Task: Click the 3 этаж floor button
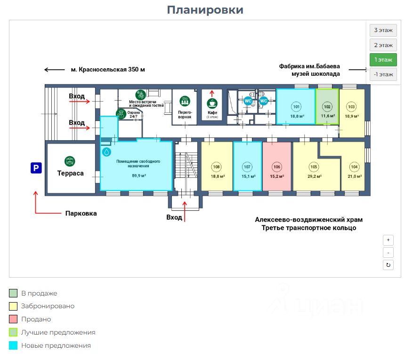click(x=383, y=31)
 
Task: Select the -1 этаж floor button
click(x=383, y=74)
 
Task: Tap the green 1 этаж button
click(x=383, y=60)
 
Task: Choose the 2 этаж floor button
click(x=383, y=45)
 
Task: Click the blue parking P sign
click(x=36, y=168)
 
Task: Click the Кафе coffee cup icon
click(x=212, y=103)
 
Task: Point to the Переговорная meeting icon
click(x=185, y=100)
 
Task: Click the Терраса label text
click(x=71, y=173)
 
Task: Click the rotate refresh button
click(x=388, y=265)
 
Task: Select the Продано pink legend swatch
click(x=13, y=319)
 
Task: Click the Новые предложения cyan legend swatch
click(x=13, y=345)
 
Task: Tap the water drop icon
click(x=107, y=152)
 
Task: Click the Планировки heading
click(x=205, y=10)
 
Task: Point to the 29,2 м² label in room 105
click(x=314, y=176)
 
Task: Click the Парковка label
click(x=81, y=213)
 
